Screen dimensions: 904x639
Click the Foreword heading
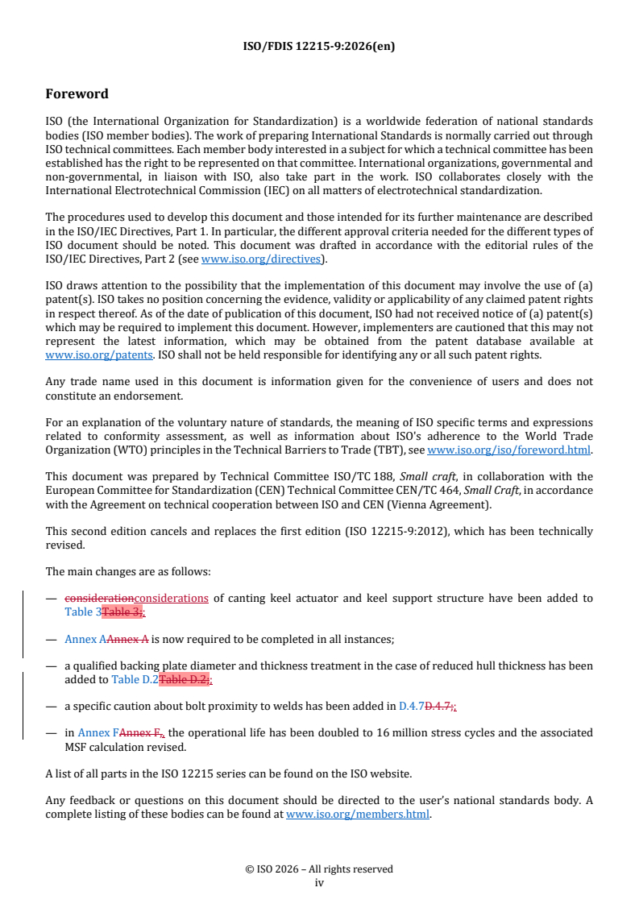(77, 93)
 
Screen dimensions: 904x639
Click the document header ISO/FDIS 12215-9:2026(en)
(318, 46)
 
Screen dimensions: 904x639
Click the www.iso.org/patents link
(83, 355)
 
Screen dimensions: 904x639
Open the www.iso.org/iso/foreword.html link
(508, 450)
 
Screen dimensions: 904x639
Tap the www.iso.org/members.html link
(358, 814)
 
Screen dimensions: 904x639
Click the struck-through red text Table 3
(120, 612)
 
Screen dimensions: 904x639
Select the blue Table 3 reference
(83, 612)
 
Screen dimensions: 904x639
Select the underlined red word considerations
(172, 598)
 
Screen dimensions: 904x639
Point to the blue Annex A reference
(85, 639)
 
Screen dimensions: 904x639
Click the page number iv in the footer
(318, 882)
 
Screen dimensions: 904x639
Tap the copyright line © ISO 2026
(318, 869)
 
